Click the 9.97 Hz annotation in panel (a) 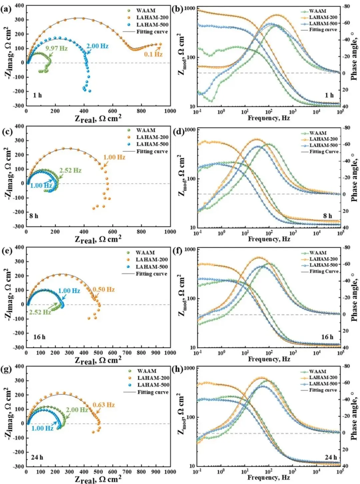pos(56,48)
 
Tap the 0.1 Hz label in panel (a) pos(153,54)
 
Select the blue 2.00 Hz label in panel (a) pos(97,46)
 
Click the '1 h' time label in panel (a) pos(37,95)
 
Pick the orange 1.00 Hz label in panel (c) pos(114,157)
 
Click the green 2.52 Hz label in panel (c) pos(70,170)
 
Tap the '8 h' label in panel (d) pos(327,216)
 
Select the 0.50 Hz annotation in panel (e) pos(104,290)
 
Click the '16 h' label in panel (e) pos(39,337)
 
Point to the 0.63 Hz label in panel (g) pos(104,405)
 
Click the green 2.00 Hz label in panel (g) pos(77,410)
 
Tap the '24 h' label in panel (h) pos(331,457)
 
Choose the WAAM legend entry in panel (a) pos(146,11)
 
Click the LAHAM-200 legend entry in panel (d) pos(323,139)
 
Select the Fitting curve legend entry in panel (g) pos(153,392)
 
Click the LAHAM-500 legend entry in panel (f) pos(323,265)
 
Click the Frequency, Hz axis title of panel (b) pos(269,118)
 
